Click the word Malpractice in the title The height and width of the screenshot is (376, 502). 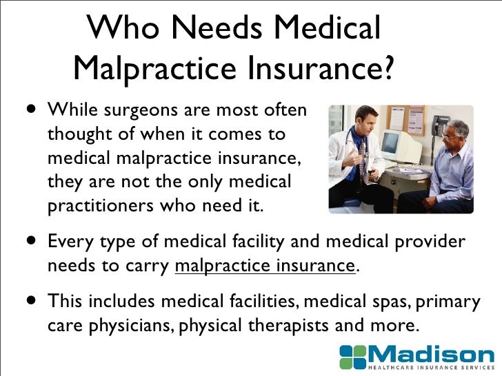click(x=154, y=67)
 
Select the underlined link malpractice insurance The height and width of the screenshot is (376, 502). click(x=265, y=266)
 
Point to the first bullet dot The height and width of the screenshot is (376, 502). click(x=32, y=108)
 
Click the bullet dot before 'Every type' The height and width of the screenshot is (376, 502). click(x=32, y=240)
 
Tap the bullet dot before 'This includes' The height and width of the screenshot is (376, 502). click(x=32, y=300)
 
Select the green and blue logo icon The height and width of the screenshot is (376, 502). click(x=353, y=357)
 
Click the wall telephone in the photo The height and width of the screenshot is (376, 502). click(x=439, y=125)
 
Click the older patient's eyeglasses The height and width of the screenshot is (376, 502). click(x=449, y=138)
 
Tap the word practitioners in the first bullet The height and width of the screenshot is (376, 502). click(x=101, y=206)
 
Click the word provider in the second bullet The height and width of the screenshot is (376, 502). click(x=430, y=242)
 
